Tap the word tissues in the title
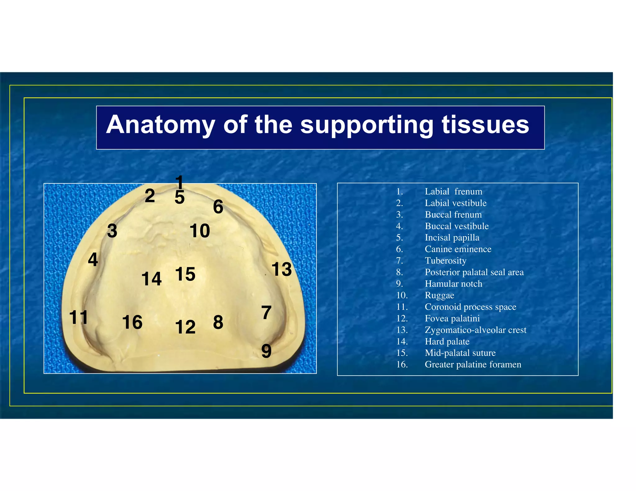(x=485, y=125)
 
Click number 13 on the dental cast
(x=281, y=269)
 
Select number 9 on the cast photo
(x=266, y=351)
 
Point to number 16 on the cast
(x=132, y=322)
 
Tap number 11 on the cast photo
(x=79, y=317)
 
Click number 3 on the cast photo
(x=112, y=231)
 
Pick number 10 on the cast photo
(x=200, y=231)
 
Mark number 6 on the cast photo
(x=218, y=207)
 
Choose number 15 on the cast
(x=185, y=274)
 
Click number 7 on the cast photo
(x=266, y=313)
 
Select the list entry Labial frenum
(x=453, y=191)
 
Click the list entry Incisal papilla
(x=452, y=237)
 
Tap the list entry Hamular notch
(x=453, y=284)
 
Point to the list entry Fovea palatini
(x=452, y=318)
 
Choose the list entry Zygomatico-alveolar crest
(x=475, y=330)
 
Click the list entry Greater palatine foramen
(x=473, y=364)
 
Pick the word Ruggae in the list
(x=439, y=295)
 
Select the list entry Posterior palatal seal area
(x=474, y=272)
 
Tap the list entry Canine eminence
(x=458, y=249)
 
